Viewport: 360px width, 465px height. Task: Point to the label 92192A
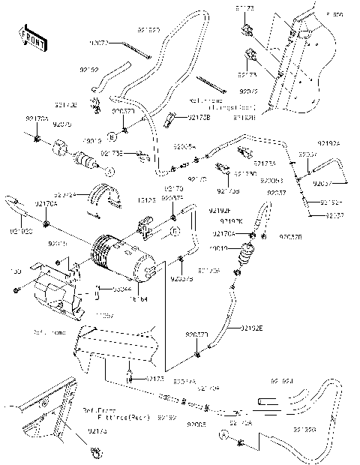[x=328, y=143]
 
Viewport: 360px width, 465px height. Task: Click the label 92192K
[x=231, y=222]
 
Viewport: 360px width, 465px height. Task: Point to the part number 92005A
[x=184, y=148]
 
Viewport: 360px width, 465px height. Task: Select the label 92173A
[x=263, y=162]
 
